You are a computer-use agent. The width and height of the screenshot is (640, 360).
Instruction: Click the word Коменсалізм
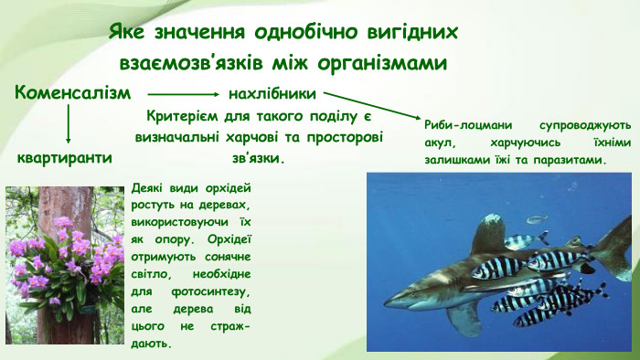[72, 93]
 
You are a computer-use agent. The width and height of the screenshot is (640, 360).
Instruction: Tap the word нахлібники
[272, 93]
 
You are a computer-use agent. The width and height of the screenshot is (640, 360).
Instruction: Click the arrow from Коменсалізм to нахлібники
[182, 93]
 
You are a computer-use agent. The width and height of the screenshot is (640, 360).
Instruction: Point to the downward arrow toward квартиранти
[69, 123]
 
